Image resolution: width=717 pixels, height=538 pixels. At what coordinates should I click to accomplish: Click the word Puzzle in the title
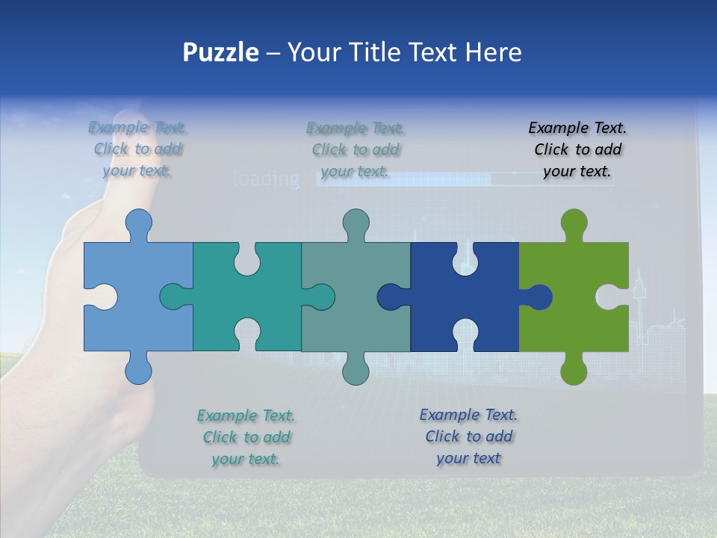pyautogui.click(x=221, y=52)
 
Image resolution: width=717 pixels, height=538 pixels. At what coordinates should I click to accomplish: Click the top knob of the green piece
pyautogui.click(x=574, y=223)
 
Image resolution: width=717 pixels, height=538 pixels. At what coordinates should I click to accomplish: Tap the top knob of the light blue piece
pyautogui.click(x=139, y=223)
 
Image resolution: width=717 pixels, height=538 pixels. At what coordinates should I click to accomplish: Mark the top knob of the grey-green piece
pyautogui.click(x=356, y=223)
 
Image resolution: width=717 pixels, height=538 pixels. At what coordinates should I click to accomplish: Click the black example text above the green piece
pyautogui.click(x=577, y=149)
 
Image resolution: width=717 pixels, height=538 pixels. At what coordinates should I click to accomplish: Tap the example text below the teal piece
pyautogui.click(x=246, y=437)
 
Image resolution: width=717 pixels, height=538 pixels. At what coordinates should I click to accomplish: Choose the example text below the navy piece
pyautogui.click(x=468, y=436)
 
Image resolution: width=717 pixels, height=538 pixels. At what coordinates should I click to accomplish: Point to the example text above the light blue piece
pyautogui.click(x=137, y=149)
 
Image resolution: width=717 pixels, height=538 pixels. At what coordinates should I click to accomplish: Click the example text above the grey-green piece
pyautogui.click(x=356, y=149)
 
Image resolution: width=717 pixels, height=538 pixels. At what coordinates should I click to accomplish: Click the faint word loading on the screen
pyautogui.click(x=266, y=179)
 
